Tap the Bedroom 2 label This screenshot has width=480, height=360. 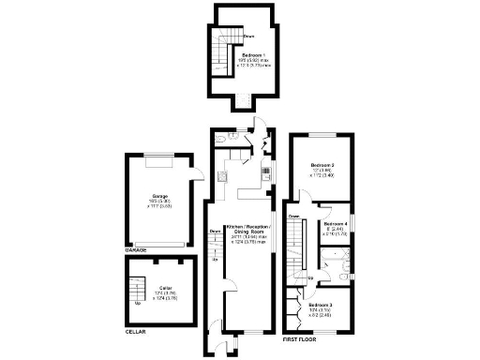click(x=322, y=166)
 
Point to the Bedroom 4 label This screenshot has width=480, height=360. click(x=336, y=225)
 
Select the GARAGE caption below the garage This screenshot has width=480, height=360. click(x=137, y=252)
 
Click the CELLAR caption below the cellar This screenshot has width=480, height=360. click(x=136, y=332)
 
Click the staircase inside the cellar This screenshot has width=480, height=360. click(x=141, y=286)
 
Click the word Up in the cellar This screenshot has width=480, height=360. click(x=140, y=303)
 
